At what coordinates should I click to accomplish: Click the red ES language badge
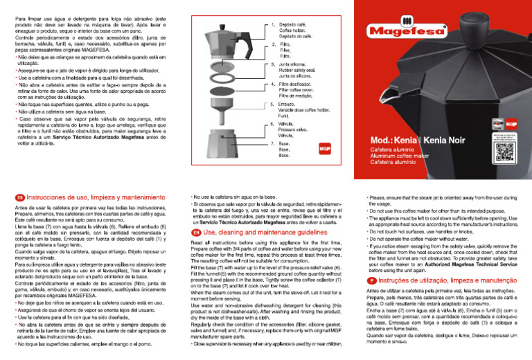point(19,197)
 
